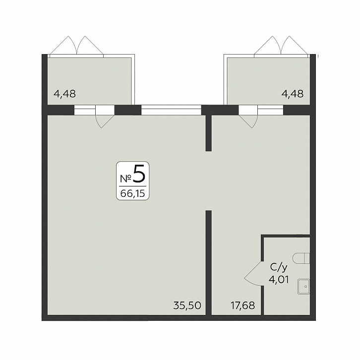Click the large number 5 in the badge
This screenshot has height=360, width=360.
(x=139, y=174)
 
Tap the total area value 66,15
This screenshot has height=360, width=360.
(x=133, y=194)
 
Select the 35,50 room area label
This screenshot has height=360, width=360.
(x=187, y=305)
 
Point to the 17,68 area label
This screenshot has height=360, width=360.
(x=242, y=305)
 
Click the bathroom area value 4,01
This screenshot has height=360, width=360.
(x=279, y=280)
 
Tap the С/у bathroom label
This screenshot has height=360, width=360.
(x=279, y=268)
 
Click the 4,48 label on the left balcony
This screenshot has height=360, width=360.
(x=64, y=94)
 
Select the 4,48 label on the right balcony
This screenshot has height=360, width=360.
(x=293, y=94)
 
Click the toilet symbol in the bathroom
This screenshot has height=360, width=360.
(x=301, y=258)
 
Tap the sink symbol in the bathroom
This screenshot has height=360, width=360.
(x=304, y=287)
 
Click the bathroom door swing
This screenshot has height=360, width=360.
(x=252, y=274)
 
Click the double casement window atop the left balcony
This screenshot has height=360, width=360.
(x=76, y=46)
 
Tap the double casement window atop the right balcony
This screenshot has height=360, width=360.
(x=281, y=46)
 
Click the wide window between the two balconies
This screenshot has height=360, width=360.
(x=171, y=110)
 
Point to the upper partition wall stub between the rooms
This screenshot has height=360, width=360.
(x=208, y=133)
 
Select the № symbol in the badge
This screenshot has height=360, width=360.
(x=126, y=179)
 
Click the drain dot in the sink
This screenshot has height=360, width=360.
(x=305, y=287)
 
